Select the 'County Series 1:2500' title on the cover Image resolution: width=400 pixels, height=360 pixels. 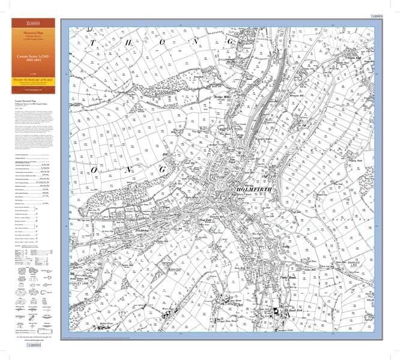tap(33, 59)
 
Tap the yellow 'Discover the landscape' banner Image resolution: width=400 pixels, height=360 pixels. tap(33, 80)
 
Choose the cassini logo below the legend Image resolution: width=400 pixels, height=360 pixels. tap(32, 347)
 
